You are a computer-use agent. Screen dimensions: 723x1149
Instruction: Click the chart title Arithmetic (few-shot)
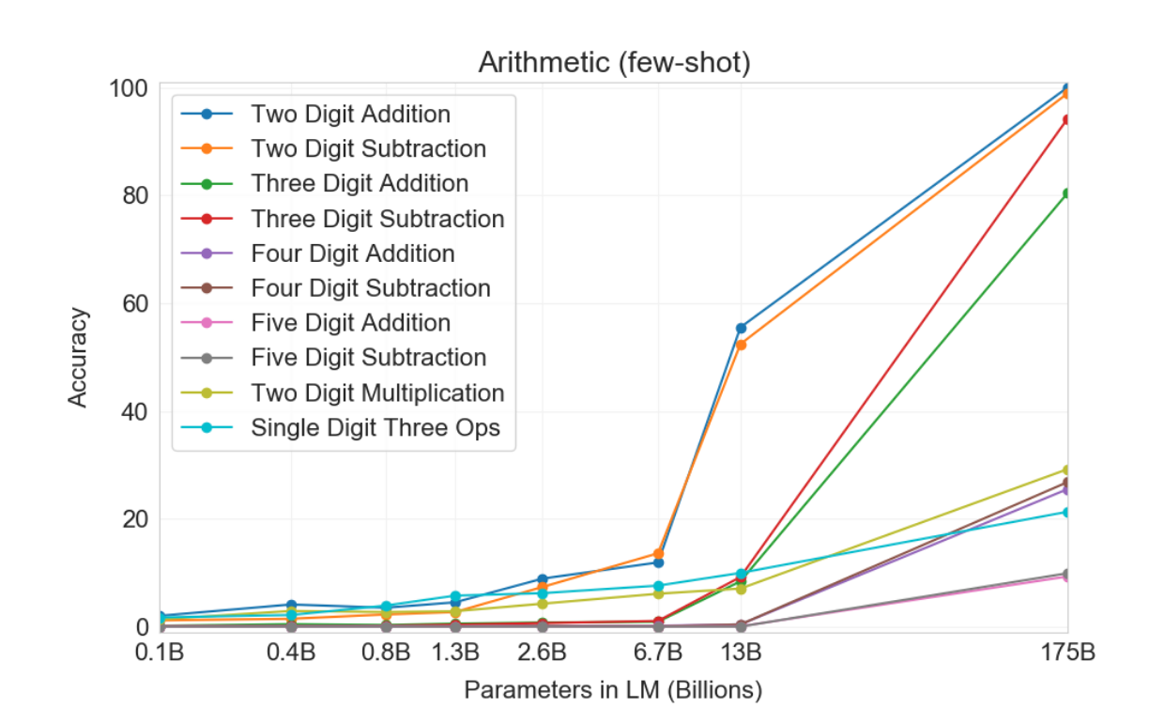[x=614, y=63]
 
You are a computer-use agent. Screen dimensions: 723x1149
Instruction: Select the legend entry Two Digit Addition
[x=350, y=115]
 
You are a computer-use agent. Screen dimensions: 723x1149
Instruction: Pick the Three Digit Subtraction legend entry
[x=377, y=219]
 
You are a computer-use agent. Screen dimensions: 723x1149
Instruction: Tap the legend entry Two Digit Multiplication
[x=377, y=393]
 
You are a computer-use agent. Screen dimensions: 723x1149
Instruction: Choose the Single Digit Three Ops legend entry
[x=375, y=428]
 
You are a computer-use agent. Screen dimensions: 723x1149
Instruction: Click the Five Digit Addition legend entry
[x=350, y=323]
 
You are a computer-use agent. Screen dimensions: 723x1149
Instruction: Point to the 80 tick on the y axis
[x=130, y=195]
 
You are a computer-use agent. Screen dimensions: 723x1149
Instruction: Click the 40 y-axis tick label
[x=130, y=411]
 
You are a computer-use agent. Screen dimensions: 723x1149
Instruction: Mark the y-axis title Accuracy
[x=78, y=357]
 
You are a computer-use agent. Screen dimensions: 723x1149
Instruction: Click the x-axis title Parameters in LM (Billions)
[x=613, y=691]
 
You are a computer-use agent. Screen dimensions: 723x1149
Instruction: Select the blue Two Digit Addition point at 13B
[x=741, y=328]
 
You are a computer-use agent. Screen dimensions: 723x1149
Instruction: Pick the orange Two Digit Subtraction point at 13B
[x=741, y=345]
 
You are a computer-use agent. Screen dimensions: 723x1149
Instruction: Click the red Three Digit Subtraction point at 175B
[x=1067, y=119]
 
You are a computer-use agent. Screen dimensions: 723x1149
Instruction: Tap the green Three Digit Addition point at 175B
[x=1067, y=193]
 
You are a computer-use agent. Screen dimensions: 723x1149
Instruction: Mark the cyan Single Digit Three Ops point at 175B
[x=1067, y=512]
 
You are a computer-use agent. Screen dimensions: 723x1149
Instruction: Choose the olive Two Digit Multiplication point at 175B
[x=1067, y=469]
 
